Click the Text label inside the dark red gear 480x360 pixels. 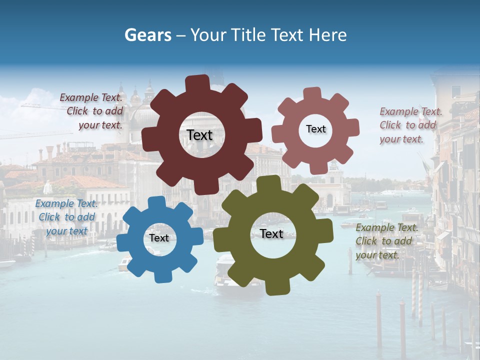pos(199,135)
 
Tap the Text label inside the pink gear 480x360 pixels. pos(315,129)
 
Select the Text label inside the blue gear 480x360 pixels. pos(159,238)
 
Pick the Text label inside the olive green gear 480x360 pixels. pos(271,233)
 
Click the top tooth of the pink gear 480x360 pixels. pos(312,94)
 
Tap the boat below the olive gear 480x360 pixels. pos(226,272)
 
